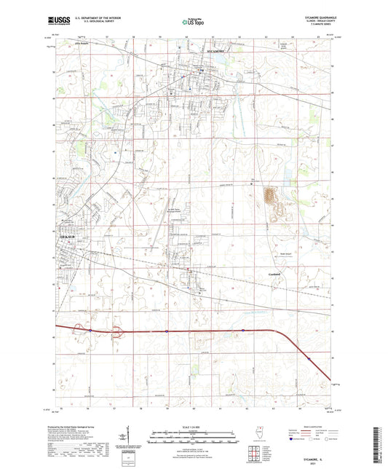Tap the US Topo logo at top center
pyautogui.click(x=193, y=23)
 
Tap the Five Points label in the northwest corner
pyautogui.click(x=66, y=50)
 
